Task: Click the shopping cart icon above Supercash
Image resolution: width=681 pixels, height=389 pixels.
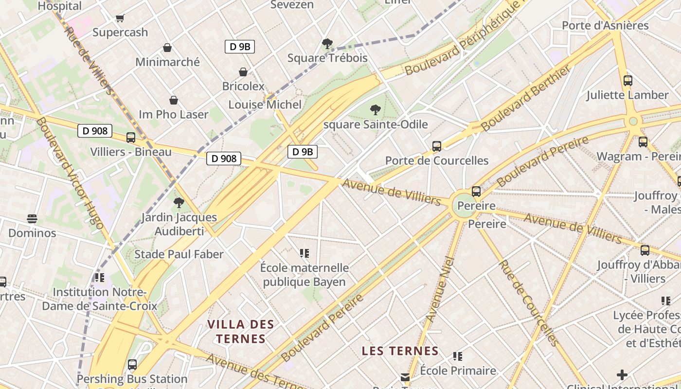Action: coord(120,18)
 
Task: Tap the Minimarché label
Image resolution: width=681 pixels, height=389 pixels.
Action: coord(167,62)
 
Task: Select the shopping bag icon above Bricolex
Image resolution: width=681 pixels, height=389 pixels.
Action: coord(243,72)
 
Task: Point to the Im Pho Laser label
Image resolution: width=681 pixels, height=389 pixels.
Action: coord(174,115)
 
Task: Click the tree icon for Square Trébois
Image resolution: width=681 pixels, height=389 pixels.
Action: coord(327,44)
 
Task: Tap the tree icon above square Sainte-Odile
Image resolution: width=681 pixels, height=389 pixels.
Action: coord(375,110)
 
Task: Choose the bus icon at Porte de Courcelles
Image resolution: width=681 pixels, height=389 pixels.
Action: coord(437,146)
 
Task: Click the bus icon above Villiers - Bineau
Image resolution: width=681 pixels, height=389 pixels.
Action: coord(131,138)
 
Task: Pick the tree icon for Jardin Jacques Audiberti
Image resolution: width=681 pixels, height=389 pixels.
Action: coord(179,203)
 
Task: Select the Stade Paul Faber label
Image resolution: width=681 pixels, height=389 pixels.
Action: coord(179,254)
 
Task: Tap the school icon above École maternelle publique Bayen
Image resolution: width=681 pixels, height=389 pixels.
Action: coord(305,253)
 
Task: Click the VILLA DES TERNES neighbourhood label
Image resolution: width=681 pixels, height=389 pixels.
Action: coord(241,332)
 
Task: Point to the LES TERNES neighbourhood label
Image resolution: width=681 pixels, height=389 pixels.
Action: coord(400,351)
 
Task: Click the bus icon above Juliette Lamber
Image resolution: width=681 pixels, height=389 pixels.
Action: coord(628,81)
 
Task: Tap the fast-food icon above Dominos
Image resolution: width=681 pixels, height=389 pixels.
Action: coord(32,219)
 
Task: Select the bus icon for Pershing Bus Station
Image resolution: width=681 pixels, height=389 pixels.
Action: coord(132,365)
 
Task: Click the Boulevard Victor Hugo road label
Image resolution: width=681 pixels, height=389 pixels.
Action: coord(70,173)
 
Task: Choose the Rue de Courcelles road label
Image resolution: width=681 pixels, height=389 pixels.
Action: coord(528,302)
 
